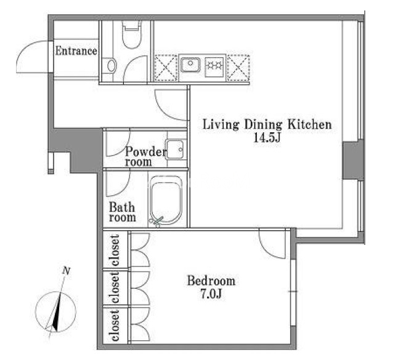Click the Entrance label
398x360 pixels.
point(76,51)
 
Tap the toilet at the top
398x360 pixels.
point(131,34)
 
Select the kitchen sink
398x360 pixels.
point(190,65)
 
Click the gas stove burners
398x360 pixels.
point(214,66)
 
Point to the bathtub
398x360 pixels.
point(166,200)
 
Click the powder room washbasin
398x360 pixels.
point(174,150)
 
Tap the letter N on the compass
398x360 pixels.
point(67,271)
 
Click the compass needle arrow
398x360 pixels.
point(56,313)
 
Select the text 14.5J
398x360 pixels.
point(267,138)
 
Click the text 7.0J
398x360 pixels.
point(211,294)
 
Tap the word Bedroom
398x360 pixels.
point(211,281)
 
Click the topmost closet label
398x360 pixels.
point(115,250)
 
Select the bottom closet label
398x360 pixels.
point(115,326)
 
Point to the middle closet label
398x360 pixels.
point(115,287)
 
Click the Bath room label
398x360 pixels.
point(123,212)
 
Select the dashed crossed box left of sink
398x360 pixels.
point(166,68)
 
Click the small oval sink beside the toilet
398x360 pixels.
point(112,66)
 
